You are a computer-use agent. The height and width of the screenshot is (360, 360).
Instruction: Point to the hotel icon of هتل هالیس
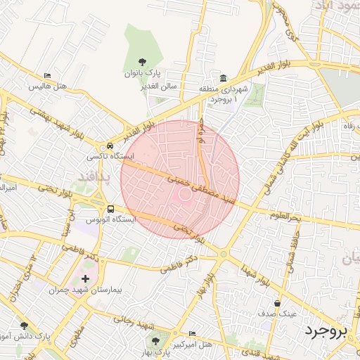[x=47, y=76]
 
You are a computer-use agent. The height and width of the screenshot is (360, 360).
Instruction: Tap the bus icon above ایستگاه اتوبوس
[x=110, y=209]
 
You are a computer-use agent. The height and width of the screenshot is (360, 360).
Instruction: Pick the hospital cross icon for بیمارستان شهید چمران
[x=86, y=280]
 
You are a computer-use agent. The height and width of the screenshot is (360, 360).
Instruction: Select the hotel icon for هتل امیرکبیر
[x=193, y=333]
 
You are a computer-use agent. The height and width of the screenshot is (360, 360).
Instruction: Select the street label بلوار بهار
[x=206, y=283]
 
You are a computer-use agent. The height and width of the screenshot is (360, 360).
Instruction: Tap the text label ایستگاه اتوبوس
[x=110, y=219]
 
